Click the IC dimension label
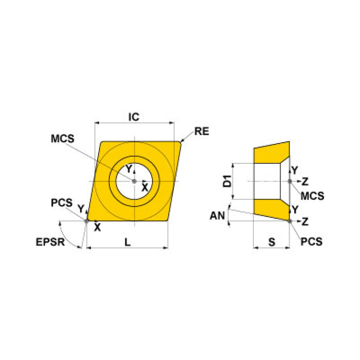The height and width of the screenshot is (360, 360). pyautogui.click(x=134, y=117)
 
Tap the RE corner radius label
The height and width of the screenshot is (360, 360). pyautogui.click(x=201, y=131)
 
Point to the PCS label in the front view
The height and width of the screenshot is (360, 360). pyautogui.click(x=61, y=203)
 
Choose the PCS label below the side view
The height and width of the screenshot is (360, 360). pyautogui.click(x=312, y=242)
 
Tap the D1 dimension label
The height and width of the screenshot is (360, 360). pyautogui.click(x=227, y=181)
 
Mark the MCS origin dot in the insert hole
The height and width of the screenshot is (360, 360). pyautogui.click(x=134, y=181)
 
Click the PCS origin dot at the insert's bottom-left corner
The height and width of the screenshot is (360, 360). pyautogui.click(x=86, y=221)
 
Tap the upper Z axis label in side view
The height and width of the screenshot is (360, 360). pyautogui.click(x=305, y=181)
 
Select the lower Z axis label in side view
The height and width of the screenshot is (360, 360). pyautogui.click(x=305, y=221)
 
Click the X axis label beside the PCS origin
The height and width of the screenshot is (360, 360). pyautogui.click(x=97, y=228)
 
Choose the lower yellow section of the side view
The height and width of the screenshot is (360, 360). pyautogui.click(x=270, y=209)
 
